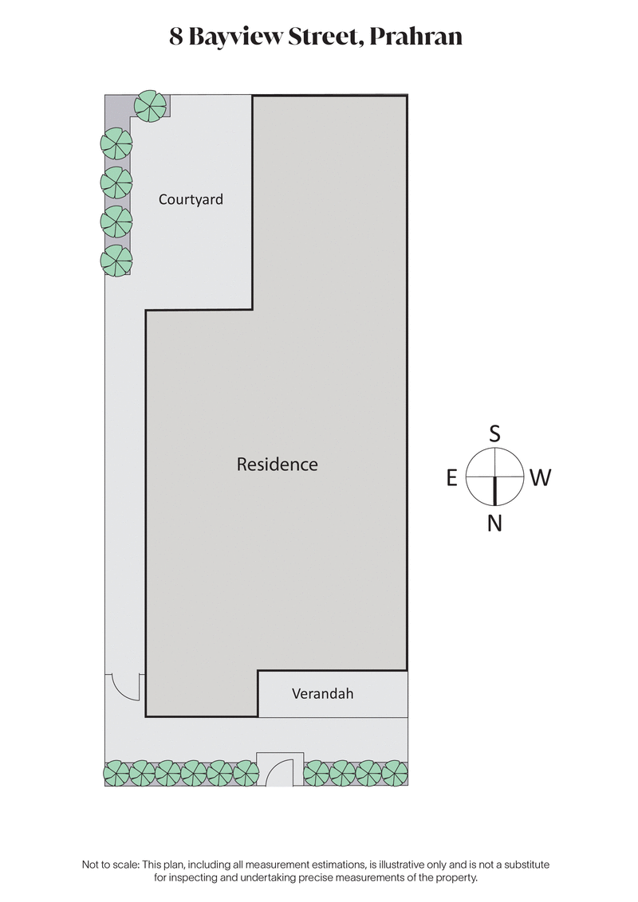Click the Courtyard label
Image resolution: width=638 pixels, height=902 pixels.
[191, 199]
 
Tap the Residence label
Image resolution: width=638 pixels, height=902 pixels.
[277, 464]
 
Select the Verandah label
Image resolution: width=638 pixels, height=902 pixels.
[322, 694]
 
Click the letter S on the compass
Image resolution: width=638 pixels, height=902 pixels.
[494, 434]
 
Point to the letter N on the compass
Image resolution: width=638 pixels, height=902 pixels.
[494, 524]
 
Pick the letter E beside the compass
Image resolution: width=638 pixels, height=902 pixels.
[451, 478]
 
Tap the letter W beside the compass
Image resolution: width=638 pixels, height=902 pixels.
[540, 478]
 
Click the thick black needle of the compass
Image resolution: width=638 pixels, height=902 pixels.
[494, 490]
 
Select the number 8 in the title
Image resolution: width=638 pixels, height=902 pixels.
[176, 37]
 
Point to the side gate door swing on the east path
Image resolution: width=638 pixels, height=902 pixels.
[126, 685]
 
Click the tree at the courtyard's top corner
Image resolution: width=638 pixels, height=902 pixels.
[150, 106]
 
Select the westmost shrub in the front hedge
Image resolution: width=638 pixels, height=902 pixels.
[394, 772]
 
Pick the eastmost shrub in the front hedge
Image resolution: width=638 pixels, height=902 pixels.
[116, 772]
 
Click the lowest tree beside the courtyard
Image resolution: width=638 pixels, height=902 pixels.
[116, 261]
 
